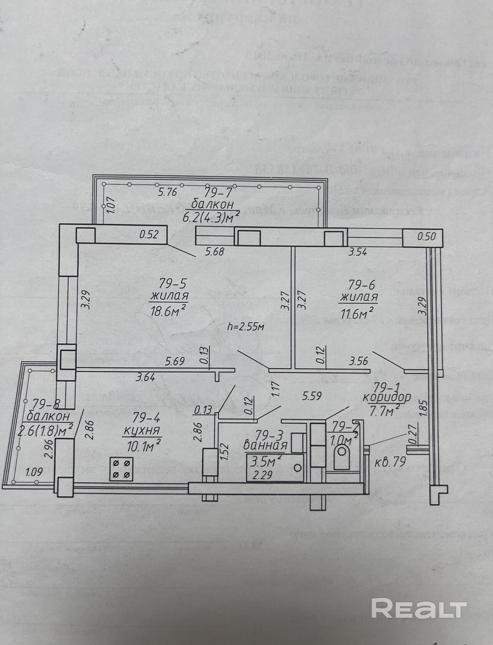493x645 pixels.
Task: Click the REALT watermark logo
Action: coord(419,607)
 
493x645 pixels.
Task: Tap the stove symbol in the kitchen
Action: coord(121,469)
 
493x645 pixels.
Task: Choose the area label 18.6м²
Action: coord(169,311)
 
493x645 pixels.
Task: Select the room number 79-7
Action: coord(215,192)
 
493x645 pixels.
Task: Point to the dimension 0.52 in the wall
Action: coord(149,235)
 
